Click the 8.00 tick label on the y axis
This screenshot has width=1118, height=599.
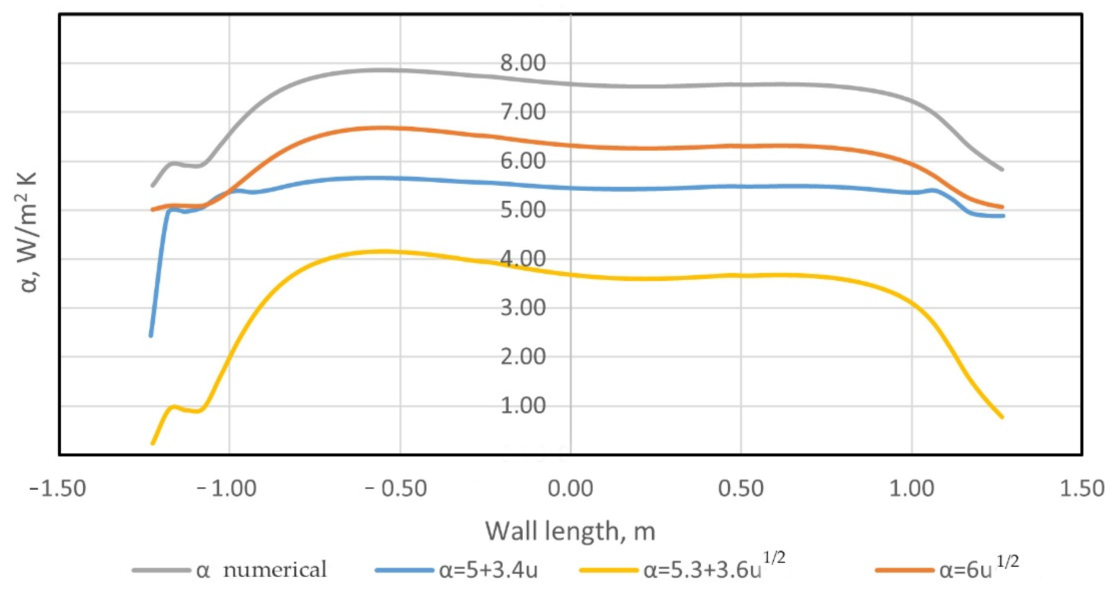(x=523, y=63)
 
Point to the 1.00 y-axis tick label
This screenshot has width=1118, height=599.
(x=523, y=406)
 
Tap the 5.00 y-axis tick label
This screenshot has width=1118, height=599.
(x=523, y=210)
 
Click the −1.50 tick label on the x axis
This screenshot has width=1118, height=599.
(x=57, y=489)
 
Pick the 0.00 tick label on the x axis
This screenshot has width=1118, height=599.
(x=570, y=489)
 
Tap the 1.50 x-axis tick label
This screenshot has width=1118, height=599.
(x=1082, y=489)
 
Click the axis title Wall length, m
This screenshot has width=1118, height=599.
(x=570, y=531)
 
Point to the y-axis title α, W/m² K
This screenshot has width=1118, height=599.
(x=29, y=233)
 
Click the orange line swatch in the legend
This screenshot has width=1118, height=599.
(x=904, y=570)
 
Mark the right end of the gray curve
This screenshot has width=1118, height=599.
(x=1003, y=170)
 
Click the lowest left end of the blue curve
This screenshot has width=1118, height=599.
(x=151, y=336)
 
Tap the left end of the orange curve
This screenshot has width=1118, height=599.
(x=152, y=209)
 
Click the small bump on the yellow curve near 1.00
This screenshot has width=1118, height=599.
(x=173, y=407)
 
